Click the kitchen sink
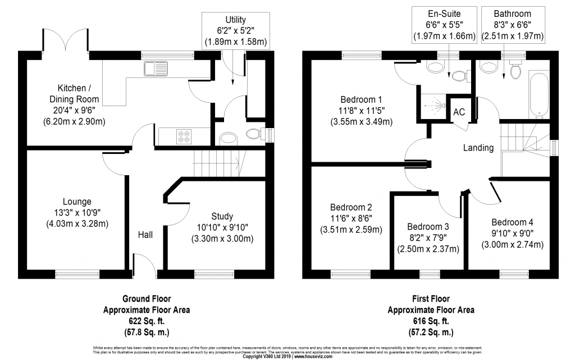coord(156,69)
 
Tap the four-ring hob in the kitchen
coord(184,136)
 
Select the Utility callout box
coord(236,31)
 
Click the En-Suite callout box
coord(444,25)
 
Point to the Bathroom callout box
coord(513,25)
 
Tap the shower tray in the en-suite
coord(433,107)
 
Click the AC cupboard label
coord(459,112)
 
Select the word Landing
coord(478,148)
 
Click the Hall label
coord(145,235)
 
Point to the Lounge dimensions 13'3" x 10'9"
coord(77,213)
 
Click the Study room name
coord(222,216)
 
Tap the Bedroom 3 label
coord(428,226)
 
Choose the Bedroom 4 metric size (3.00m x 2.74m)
coord(512,244)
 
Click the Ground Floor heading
coord(147,299)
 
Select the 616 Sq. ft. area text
coord(431,321)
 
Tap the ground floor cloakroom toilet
coord(255,134)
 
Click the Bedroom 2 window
coord(350,274)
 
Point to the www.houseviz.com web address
coord(313,356)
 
